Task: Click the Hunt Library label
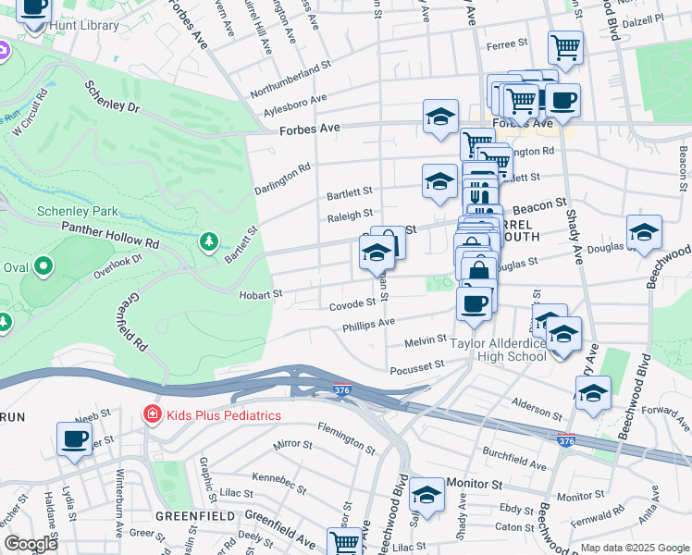tap(86, 25)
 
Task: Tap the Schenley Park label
tap(75, 210)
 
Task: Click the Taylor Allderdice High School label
tap(498, 350)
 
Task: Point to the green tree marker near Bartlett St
tap(210, 241)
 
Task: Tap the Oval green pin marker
tap(43, 268)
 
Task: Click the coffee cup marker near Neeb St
tap(74, 440)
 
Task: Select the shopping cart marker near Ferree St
tap(565, 46)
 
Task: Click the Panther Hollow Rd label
tap(110, 234)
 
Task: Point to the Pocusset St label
tap(418, 366)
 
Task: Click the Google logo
tap(32, 544)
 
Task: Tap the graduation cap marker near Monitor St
tap(426, 495)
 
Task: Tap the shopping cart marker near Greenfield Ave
tap(344, 541)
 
